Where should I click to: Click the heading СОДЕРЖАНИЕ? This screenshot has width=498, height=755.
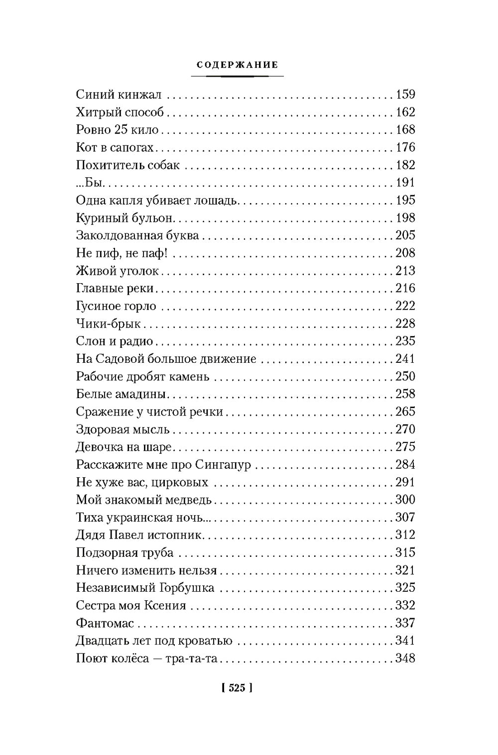[x=237, y=65]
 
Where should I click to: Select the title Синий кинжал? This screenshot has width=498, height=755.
[x=123, y=95]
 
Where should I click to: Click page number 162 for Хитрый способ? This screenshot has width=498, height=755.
[x=405, y=112]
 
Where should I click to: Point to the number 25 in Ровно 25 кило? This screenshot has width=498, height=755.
[x=122, y=130]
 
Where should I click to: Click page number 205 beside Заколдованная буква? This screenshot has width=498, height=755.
[x=405, y=235]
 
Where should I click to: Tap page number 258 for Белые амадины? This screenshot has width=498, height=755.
[x=405, y=394]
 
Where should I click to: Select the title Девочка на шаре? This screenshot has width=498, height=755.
[x=124, y=447]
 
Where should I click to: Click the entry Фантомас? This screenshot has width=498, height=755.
[x=106, y=623]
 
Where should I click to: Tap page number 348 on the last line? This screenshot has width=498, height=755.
[x=405, y=658]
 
